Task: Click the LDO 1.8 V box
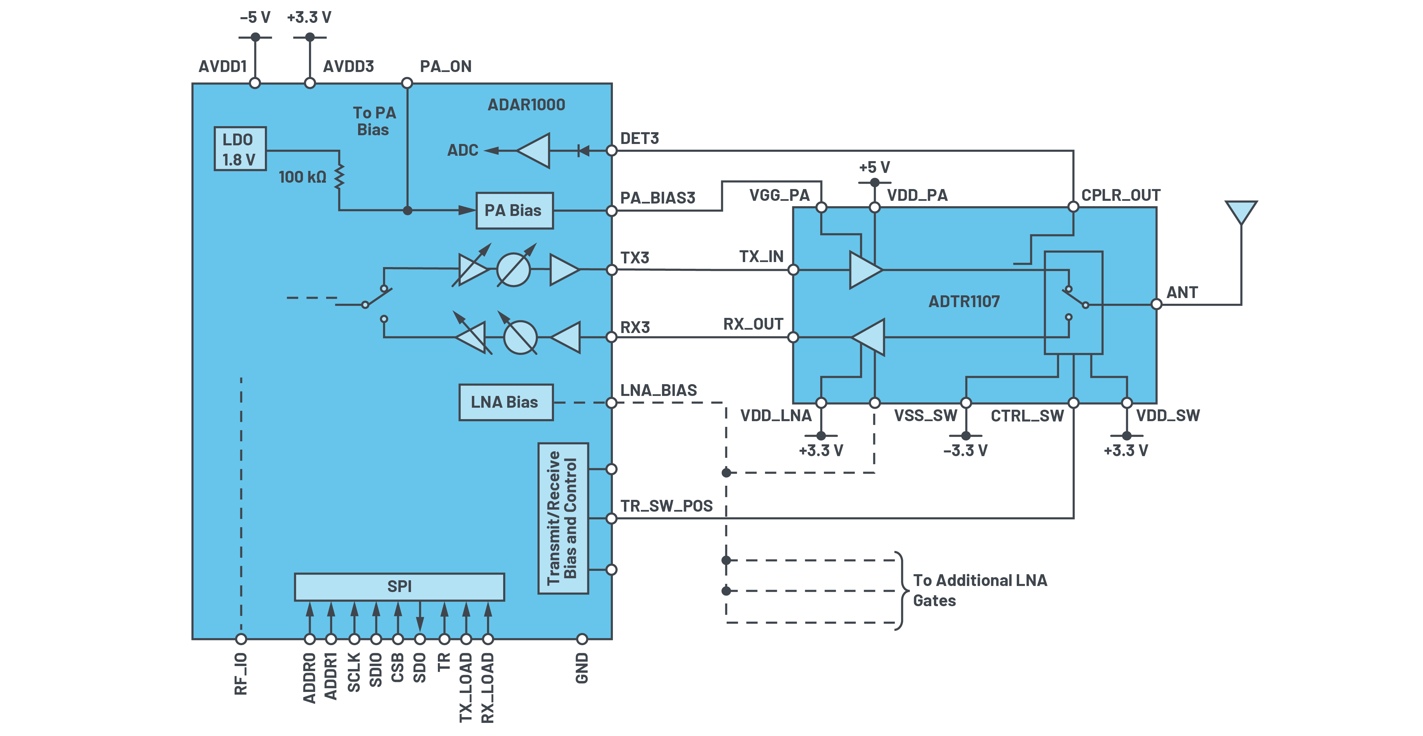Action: pos(240,149)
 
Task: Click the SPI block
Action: pos(399,586)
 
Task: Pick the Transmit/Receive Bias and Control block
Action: pos(563,518)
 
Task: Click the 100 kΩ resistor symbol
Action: pos(339,176)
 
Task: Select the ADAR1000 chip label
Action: pos(526,105)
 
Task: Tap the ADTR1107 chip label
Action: pos(964,301)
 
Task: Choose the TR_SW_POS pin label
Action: pos(666,506)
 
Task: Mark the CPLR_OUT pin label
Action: pos(1120,195)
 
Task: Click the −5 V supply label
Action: pos(255,18)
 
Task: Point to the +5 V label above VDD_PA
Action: pos(874,167)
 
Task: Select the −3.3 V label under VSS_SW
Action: pos(965,450)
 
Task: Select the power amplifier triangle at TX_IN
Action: pos(864,270)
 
